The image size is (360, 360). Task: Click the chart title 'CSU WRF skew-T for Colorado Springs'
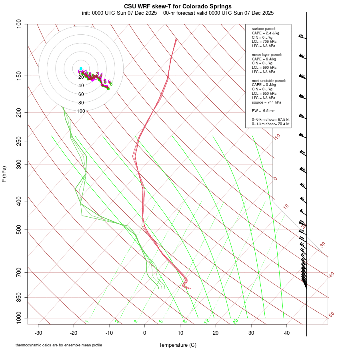178,6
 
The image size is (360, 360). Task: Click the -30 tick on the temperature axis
38,333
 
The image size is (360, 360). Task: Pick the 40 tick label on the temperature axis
287,333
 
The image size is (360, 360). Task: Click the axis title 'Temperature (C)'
177,345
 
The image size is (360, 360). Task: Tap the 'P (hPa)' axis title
4,174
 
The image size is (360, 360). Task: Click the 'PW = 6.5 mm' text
263,111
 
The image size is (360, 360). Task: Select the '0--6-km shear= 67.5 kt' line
270,120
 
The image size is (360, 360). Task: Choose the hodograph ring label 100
81,111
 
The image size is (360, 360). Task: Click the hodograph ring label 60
81,94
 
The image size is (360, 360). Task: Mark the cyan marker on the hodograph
81,68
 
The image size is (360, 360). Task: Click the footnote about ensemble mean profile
59,345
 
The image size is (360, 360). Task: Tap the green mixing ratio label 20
235,321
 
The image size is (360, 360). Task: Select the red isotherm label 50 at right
331,315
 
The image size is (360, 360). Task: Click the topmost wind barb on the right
302,37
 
